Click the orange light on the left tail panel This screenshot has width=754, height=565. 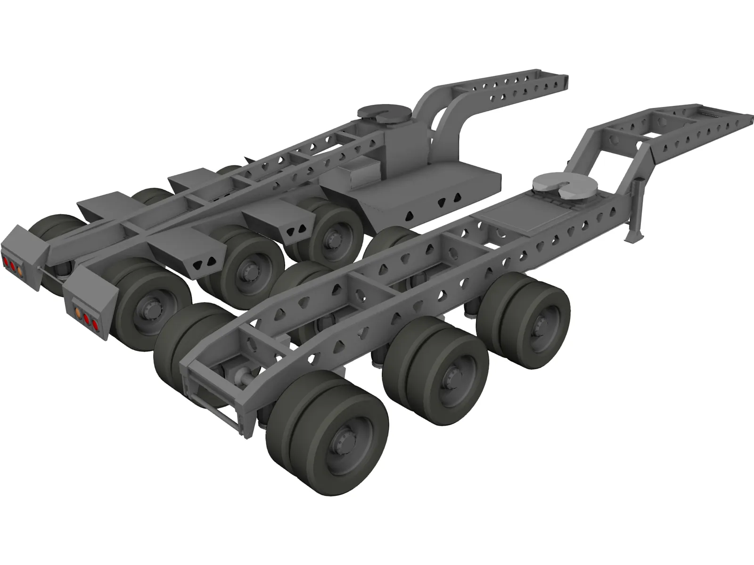(20, 269)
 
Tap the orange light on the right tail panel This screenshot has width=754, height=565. (77, 312)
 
